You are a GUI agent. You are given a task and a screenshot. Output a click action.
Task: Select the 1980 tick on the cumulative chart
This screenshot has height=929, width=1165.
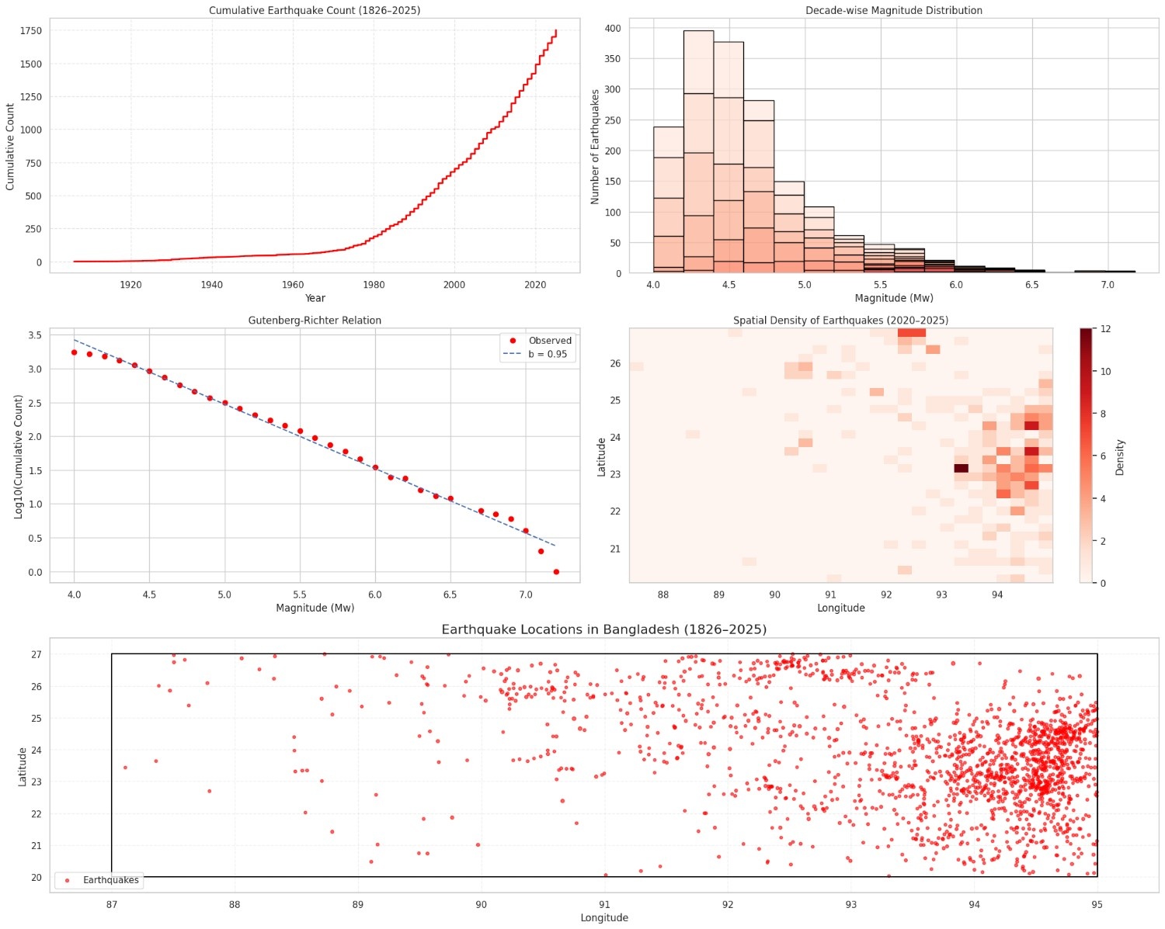(374, 285)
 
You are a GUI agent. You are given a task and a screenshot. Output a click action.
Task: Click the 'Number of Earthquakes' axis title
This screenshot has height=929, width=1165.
(595, 147)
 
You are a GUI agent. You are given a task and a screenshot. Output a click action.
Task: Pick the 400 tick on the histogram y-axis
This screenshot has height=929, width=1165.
(613, 28)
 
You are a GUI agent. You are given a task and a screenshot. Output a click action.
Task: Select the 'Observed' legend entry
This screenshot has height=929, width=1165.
(549, 341)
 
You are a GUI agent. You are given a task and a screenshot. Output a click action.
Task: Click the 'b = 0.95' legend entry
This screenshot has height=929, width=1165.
(547, 354)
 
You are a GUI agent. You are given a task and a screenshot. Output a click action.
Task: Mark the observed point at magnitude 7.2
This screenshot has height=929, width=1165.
(556, 572)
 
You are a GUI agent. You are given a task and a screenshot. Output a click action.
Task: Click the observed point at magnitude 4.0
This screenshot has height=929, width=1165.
(74, 352)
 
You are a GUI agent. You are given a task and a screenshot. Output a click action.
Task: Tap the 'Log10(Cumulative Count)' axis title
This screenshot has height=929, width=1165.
(19, 456)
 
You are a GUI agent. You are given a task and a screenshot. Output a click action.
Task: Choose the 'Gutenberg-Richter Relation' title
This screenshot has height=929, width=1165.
(315, 320)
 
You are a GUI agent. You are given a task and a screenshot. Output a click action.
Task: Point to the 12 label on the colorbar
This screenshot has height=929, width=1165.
(1106, 329)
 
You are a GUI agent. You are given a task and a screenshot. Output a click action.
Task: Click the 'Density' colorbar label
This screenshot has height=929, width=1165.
(1120, 457)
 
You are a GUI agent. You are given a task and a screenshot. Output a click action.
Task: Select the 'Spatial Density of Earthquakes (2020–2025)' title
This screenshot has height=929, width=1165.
(840, 320)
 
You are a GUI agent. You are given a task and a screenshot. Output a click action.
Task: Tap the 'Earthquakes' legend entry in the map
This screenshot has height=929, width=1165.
(110, 880)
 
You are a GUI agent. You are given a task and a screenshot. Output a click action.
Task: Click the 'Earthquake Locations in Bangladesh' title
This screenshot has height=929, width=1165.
(603, 629)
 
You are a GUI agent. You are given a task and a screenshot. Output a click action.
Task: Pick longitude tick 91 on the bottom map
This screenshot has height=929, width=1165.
(604, 904)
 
